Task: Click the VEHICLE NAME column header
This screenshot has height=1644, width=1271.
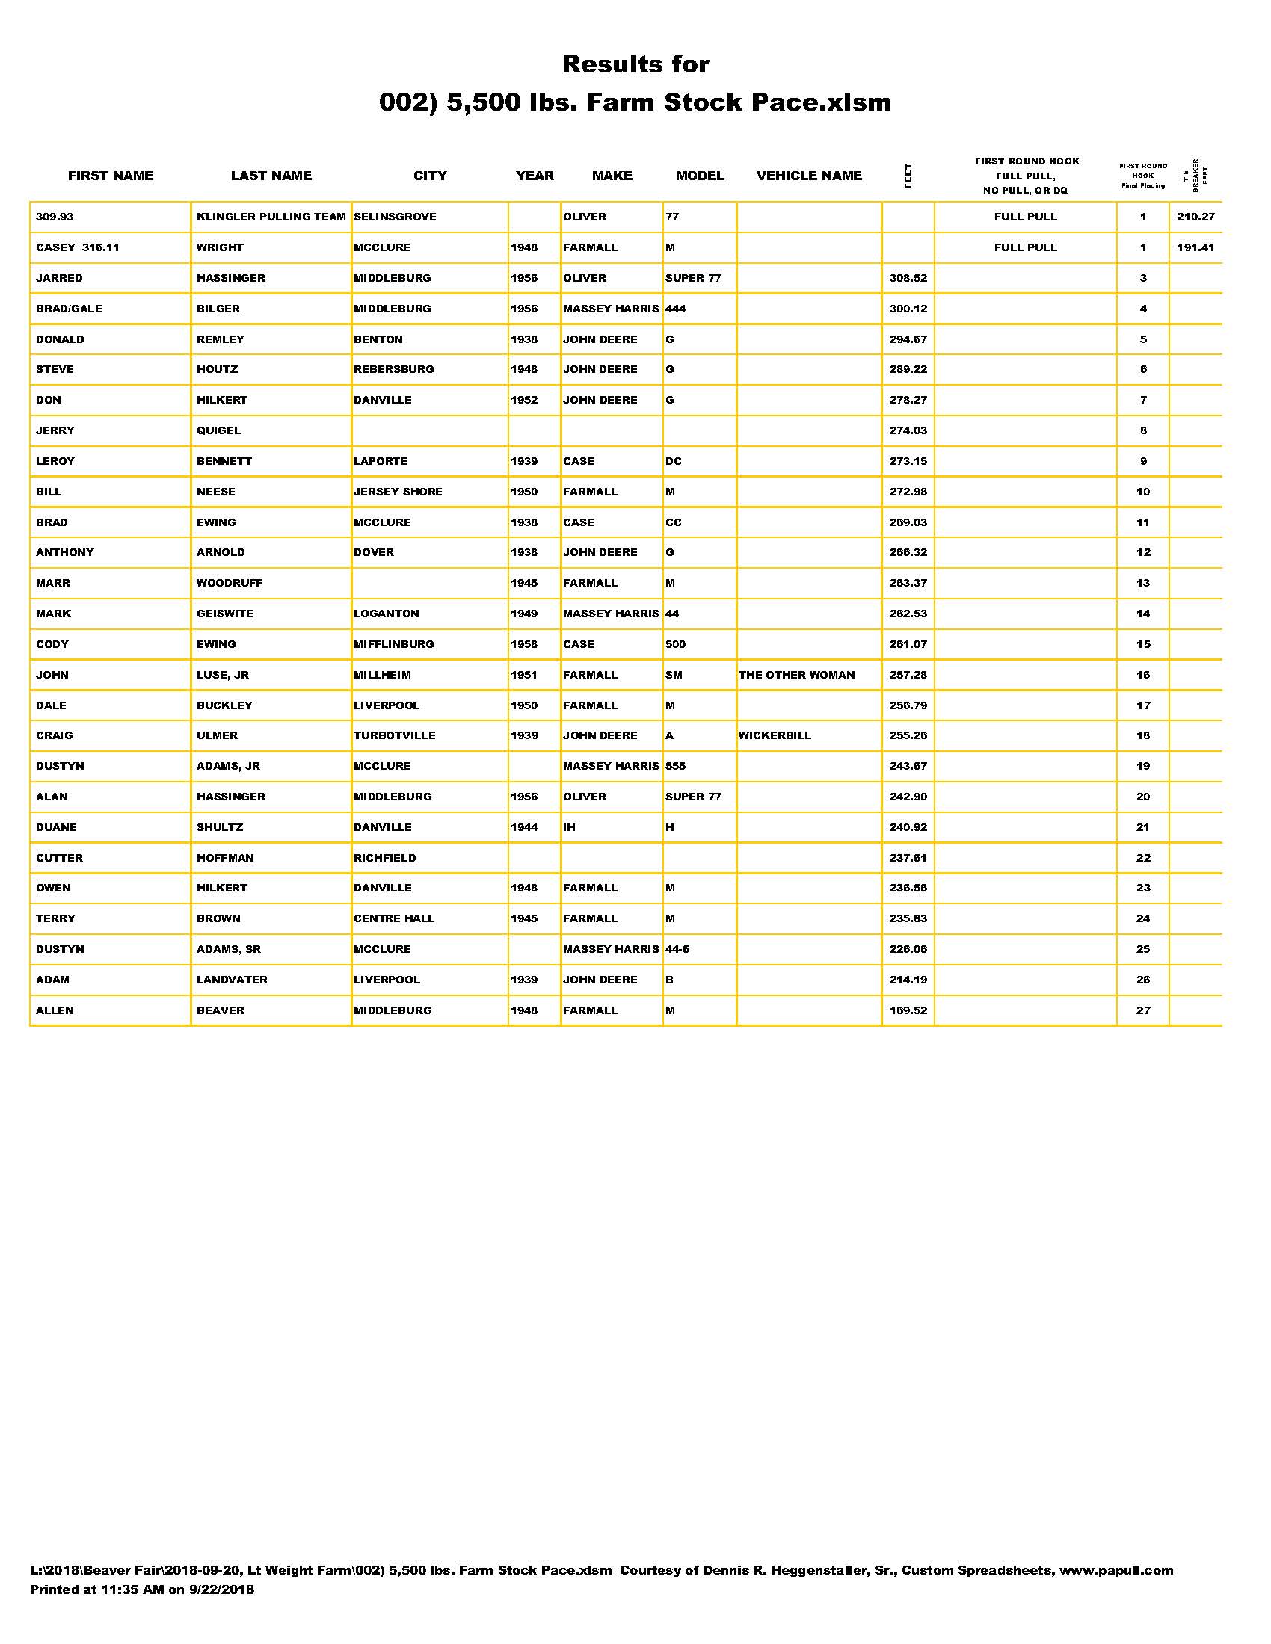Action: (x=809, y=176)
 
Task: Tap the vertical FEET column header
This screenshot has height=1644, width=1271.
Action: (x=908, y=176)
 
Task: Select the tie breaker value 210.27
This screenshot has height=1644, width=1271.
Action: (x=1195, y=217)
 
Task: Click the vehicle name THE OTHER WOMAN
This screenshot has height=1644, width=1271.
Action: (x=797, y=675)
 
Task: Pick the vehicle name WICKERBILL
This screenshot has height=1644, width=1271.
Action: (x=775, y=735)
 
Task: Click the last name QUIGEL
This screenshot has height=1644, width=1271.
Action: (x=218, y=430)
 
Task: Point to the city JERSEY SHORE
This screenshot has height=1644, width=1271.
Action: (x=398, y=492)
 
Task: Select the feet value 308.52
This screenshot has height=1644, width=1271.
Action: (x=908, y=278)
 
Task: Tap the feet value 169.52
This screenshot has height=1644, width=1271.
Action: (x=908, y=1010)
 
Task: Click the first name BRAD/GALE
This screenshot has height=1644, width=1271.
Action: (x=70, y=309)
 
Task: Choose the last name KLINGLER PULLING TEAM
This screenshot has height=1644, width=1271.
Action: (x=271, y=217)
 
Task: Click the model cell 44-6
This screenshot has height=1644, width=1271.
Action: (x=677, y=949)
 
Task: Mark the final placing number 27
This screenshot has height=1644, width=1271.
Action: (x=1143, y=1010)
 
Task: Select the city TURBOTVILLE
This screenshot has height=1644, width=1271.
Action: (x=395, y=735)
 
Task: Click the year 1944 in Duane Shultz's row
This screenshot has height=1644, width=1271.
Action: (x=524, y=827)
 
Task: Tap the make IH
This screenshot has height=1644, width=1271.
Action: (x=569, y=827)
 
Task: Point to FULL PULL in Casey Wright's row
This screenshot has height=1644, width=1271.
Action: (x=1026, y=247)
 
